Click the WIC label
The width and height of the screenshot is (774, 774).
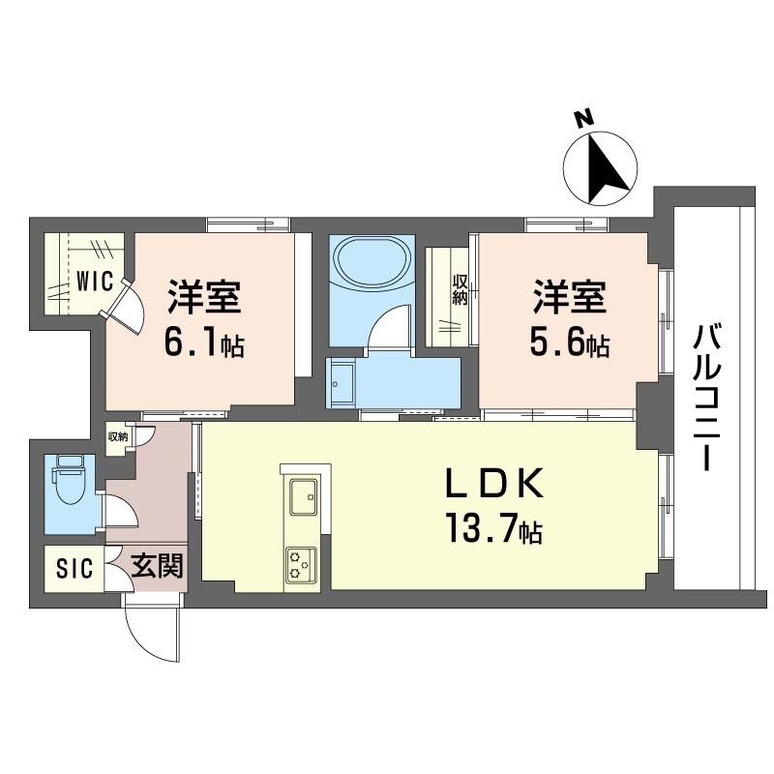95,282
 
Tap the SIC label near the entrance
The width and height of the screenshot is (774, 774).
74,568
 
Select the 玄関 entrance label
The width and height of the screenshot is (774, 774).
157,565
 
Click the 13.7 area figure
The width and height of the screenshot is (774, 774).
481,527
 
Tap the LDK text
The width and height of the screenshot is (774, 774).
494,482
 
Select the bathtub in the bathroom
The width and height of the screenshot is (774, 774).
372,260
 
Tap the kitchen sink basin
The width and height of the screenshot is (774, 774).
303,496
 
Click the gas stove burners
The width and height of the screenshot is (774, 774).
301,565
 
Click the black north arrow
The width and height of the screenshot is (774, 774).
607,170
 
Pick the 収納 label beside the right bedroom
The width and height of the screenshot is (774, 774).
460,289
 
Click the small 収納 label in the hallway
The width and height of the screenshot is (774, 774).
118,436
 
